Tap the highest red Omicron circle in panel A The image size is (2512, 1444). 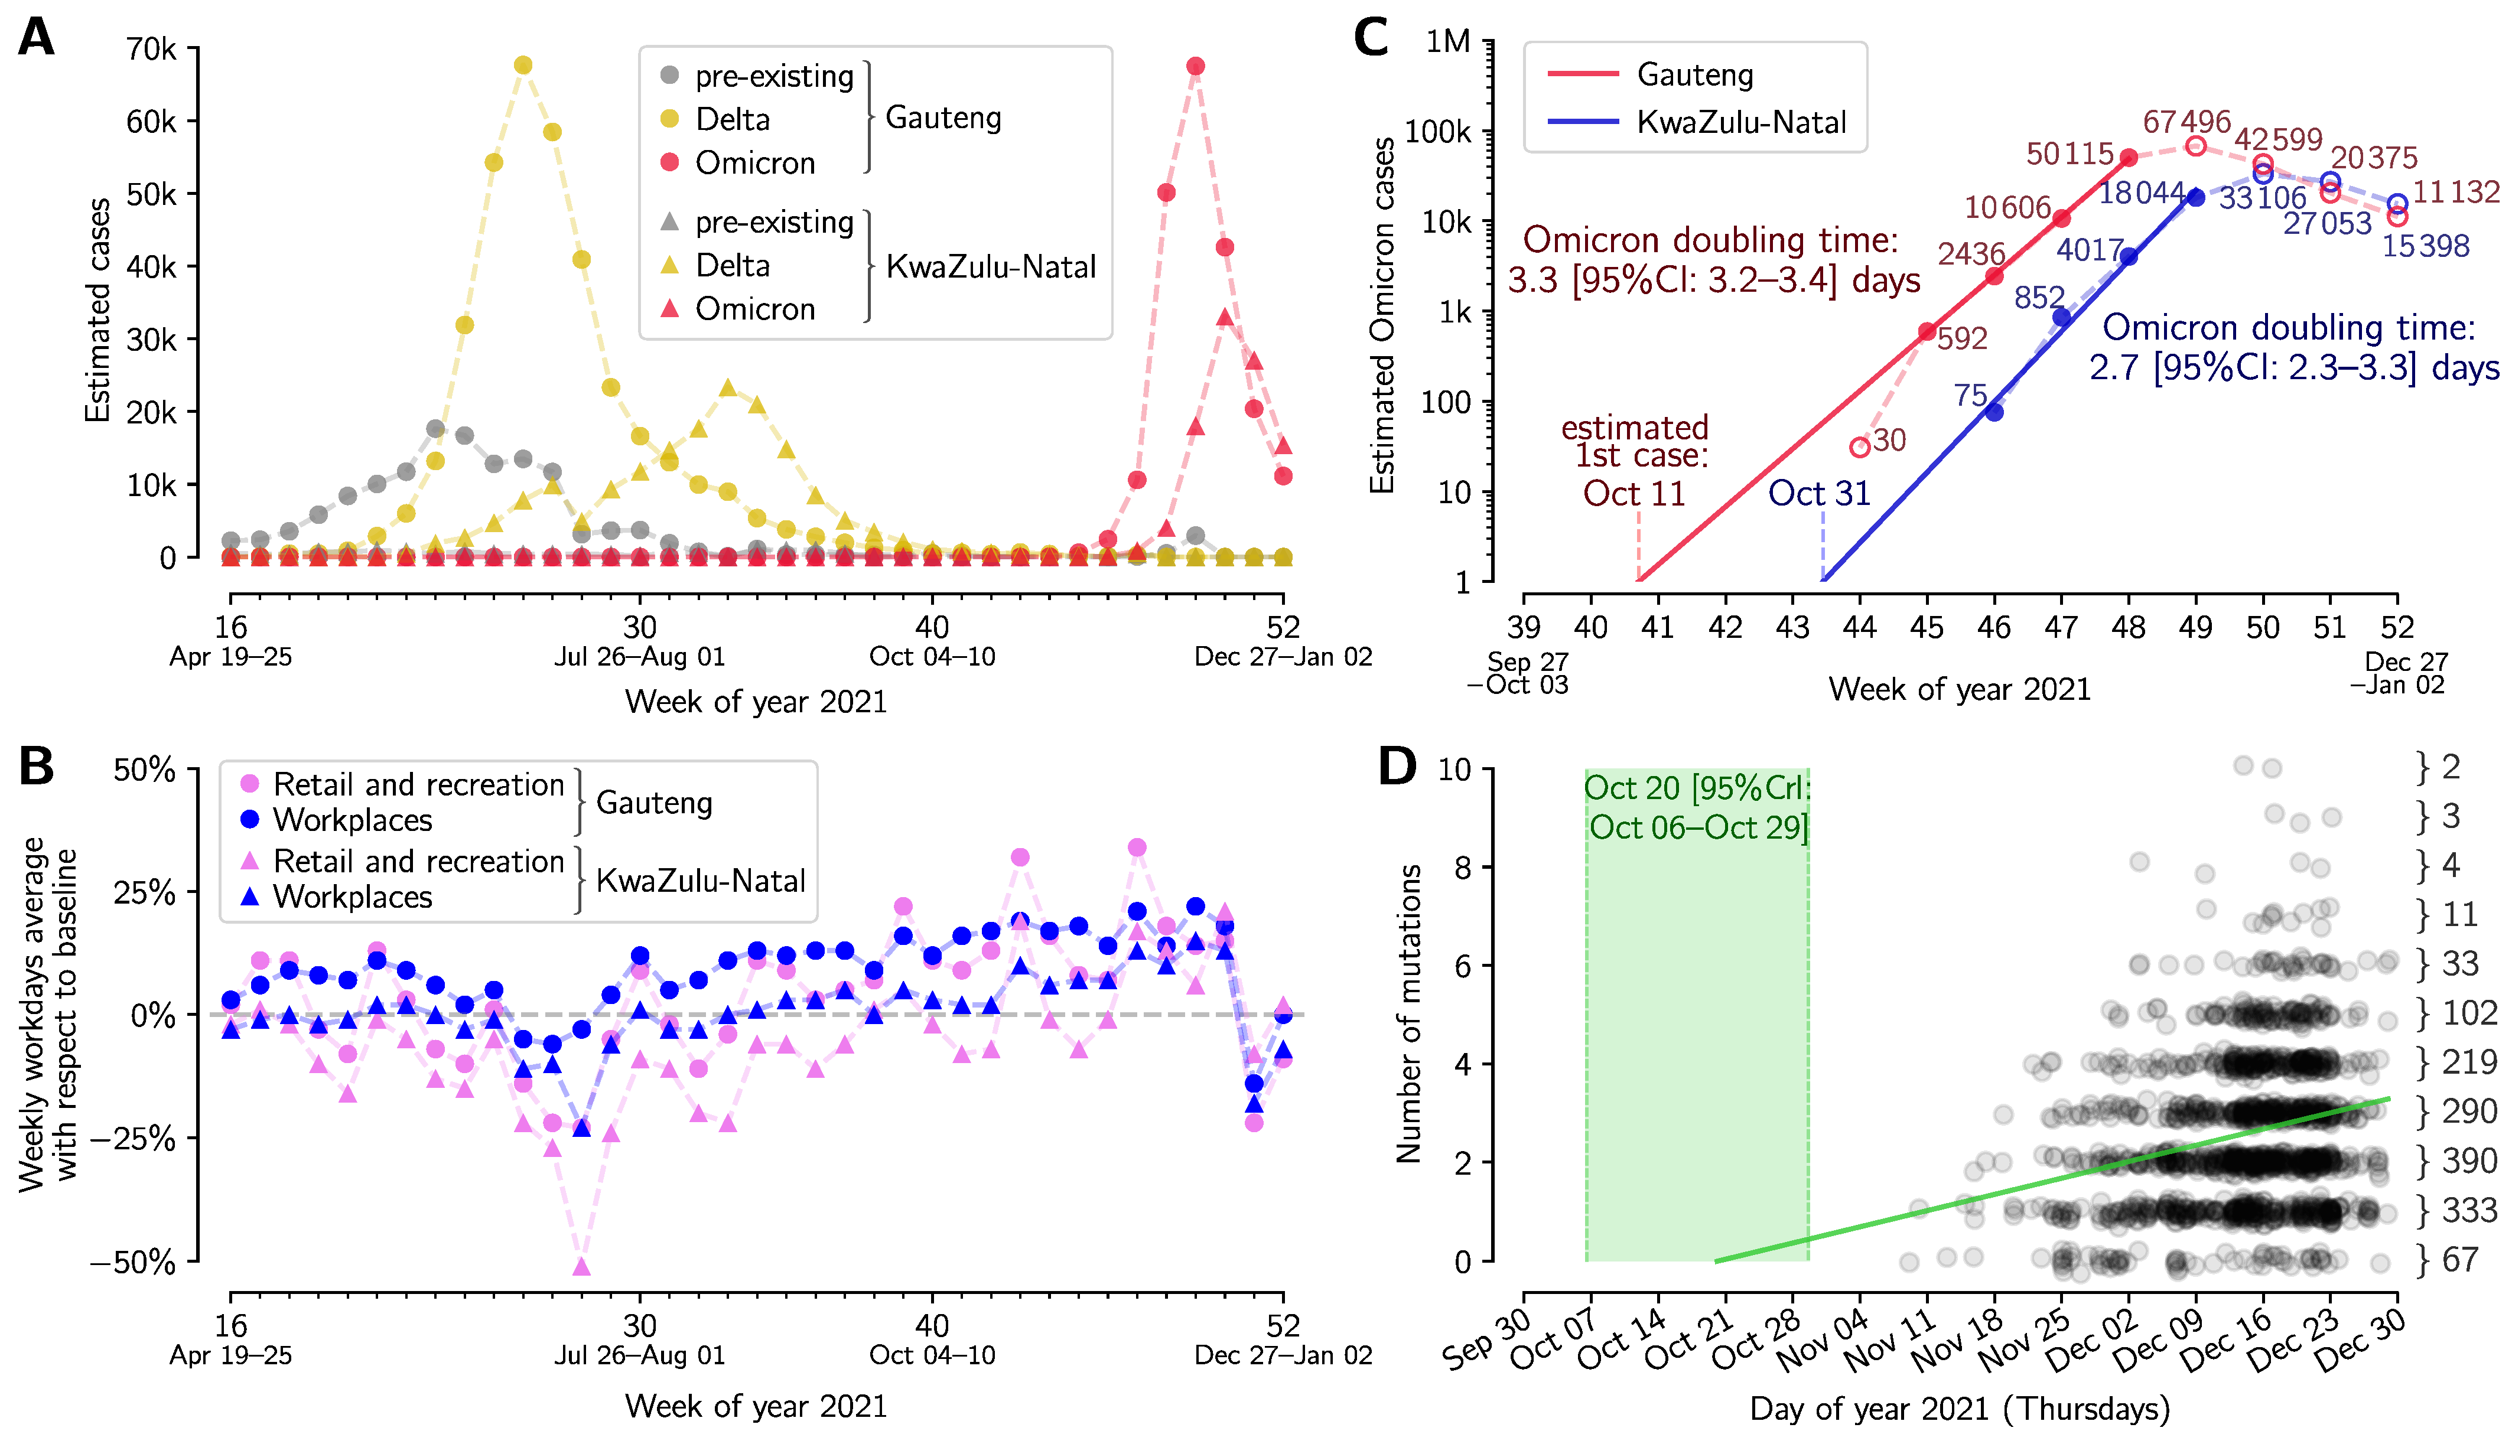coord(1196,67)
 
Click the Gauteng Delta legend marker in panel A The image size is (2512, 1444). coord(670,119)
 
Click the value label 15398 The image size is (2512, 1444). coord(2426,246)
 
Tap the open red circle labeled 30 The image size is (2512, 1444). coord(1860,447)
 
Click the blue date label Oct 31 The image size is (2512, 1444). coord(1820,493)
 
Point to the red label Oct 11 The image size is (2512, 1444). coord(1634,493)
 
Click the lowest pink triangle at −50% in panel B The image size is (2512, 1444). coord(581,1266)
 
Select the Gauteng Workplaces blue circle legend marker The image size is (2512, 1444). coord(250,819)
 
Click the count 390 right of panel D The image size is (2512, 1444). coord(2469,1161)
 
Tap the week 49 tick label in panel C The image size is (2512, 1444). coord(2195,627)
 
